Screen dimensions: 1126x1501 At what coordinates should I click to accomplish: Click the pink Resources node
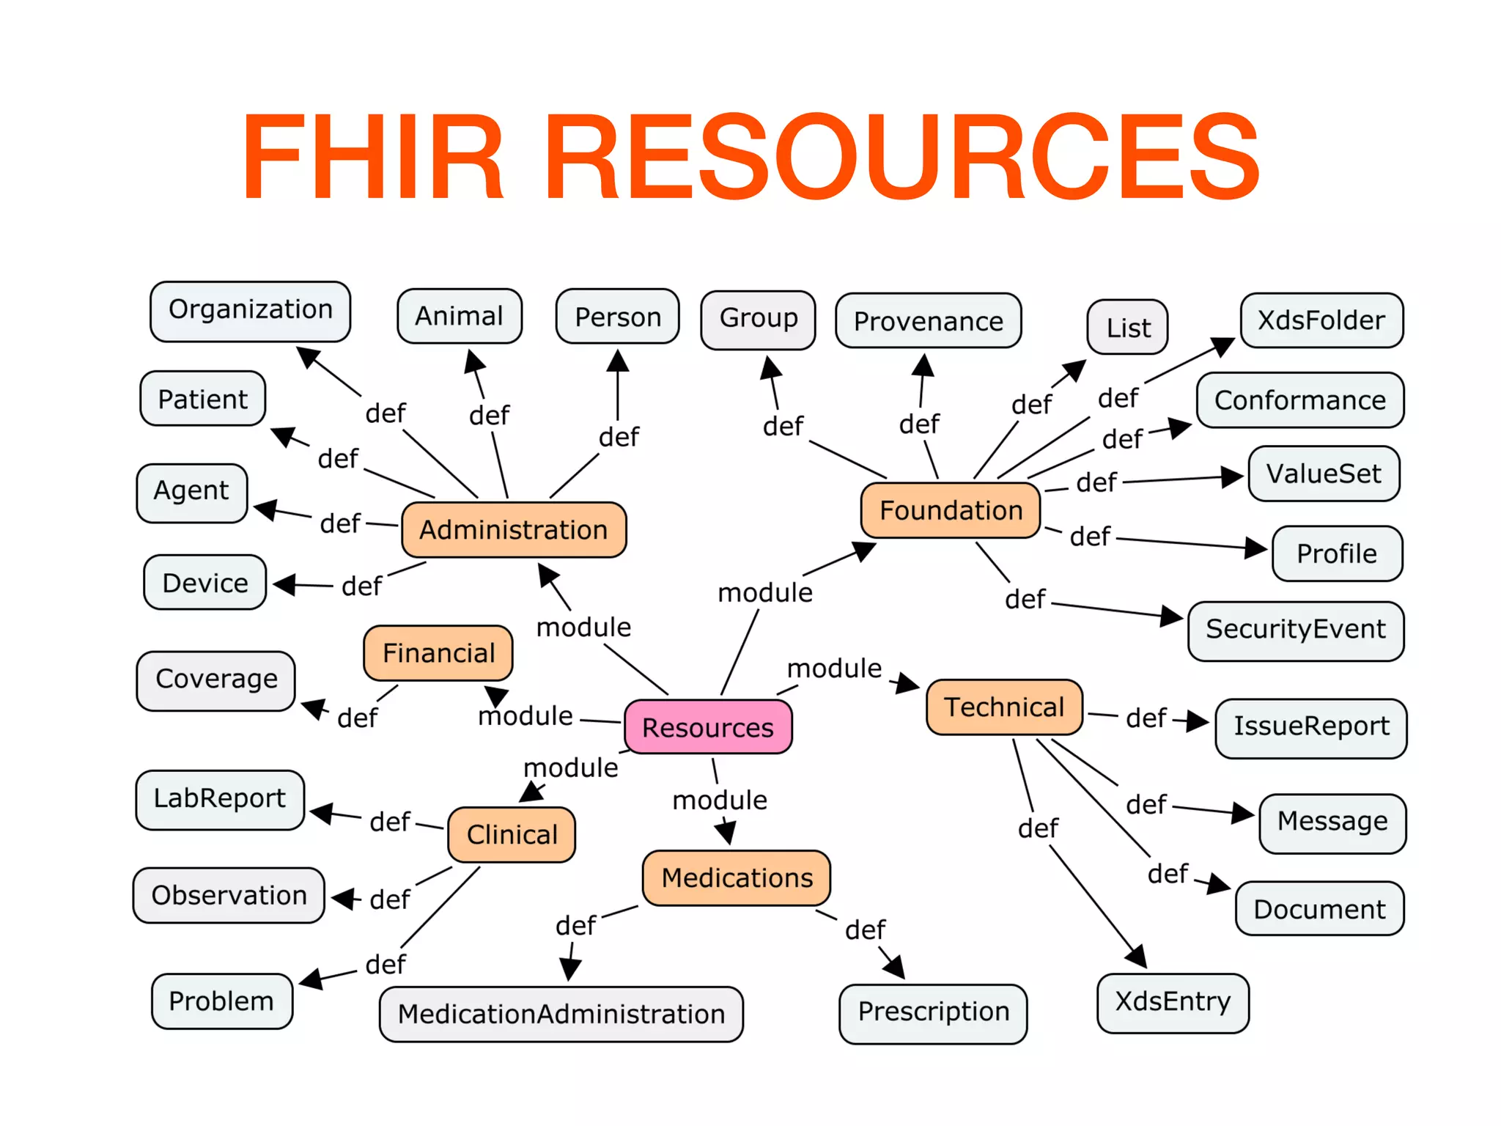click(708, 727)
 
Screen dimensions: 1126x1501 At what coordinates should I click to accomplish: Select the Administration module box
click(514, 529)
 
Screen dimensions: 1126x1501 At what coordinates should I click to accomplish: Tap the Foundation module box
click(951, 510)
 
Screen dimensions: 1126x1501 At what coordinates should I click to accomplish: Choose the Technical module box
click(1004, 707)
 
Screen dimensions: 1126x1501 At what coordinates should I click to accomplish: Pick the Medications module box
click(737, 877)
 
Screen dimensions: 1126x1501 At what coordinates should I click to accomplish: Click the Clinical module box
click(512, 834)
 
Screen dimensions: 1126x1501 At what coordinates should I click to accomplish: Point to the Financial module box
click(438, 652)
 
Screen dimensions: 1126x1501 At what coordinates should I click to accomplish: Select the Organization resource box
click(250, 311)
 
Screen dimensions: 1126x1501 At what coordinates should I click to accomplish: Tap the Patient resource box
click(203, 399)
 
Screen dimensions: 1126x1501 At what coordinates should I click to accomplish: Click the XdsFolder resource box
click(1321, 320)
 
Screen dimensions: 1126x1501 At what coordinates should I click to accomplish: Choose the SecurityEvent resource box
click(1296, 630)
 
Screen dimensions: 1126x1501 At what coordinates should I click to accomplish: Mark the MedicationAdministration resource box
click(561, 1014)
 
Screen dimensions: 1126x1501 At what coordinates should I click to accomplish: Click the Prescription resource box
click(933, 1012)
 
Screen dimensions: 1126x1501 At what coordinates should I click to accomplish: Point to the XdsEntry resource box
click(1173, 1002)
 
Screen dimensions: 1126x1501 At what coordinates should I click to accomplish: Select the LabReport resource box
click(220, 799)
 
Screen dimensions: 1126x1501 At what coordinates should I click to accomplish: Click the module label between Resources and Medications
click(720, 800)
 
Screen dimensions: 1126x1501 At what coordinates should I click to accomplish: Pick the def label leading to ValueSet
click(1096, 482)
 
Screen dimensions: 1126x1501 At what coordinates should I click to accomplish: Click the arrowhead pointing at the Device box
click(284, 584)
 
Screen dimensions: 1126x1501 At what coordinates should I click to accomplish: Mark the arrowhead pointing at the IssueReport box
click(1198, 721)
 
